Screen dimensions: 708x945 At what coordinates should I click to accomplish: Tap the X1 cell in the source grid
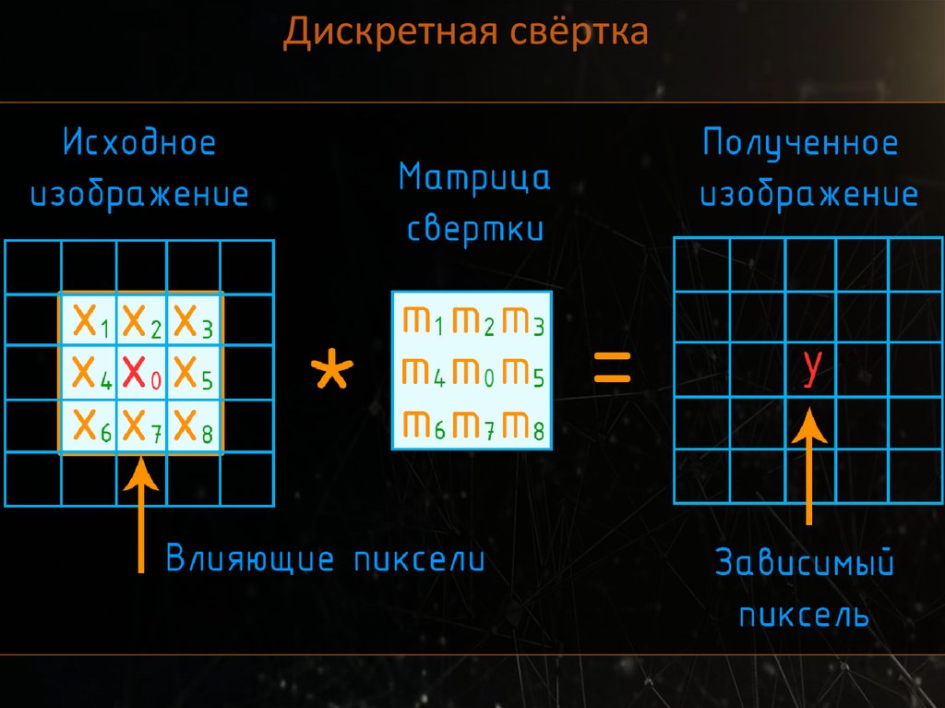point(90,320)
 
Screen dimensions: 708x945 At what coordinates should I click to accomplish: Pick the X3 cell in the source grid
point(193,320)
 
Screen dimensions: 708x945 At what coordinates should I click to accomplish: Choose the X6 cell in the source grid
point(90,426)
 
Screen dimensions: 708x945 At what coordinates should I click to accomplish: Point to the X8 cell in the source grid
point(193,426)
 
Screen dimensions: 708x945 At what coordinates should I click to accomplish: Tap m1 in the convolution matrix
point(424,320)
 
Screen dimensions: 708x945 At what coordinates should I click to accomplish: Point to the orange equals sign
point(611,368)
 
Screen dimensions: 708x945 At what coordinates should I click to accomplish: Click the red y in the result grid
point(811,367)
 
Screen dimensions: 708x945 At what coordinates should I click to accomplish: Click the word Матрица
point(474,177)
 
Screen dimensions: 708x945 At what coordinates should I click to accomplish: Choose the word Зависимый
point(805,564)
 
